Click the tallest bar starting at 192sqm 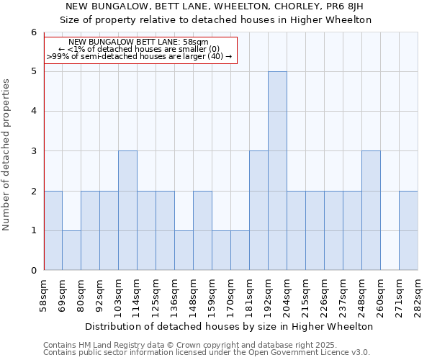click(277, 171)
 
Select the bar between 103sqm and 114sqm click(127, 210)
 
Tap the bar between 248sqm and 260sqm click(371, 210)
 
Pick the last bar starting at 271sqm click(408, 230)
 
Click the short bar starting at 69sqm click(71, 250)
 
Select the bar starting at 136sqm click(184, 250)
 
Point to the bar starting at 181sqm click(258, 210)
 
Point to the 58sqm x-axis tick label click(44, 294)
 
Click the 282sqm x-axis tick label click(418, 294)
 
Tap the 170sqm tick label click(231, 294)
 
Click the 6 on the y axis click(33, 32)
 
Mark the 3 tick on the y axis click(33, 151)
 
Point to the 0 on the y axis click(33, 270)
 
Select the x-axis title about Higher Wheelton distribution click(229, 326)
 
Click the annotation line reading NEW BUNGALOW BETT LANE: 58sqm click(139, 42)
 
